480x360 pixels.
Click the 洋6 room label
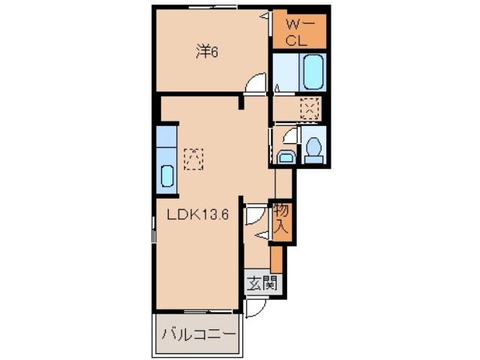pos(207,52)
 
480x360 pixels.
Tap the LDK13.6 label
pos(198,214)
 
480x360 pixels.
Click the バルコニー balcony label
pos(199,335)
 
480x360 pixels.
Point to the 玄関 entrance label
pos(262,283)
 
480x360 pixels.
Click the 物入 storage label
pos(281,218)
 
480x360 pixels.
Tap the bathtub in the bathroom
pos(313,72)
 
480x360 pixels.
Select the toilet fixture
pos(313,150)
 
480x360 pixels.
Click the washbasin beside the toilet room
pos(286,157)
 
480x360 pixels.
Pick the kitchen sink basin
pos(167,175)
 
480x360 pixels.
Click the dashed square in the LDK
pos(193,159)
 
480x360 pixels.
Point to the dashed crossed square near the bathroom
pos(310,109)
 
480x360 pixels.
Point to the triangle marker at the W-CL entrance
pos(265,16)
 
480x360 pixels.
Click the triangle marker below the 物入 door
pos(262,235)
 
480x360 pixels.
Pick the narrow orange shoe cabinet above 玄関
pos(276,259)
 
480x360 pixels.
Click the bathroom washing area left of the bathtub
pos(285,72)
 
